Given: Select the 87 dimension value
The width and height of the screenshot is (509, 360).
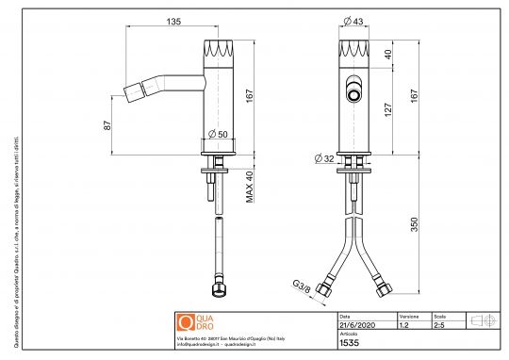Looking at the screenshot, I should click(x=109, y=124).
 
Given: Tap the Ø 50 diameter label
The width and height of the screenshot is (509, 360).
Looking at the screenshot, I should click(x=218, y=134).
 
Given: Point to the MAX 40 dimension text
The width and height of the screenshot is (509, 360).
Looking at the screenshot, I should click(x=251, y=185).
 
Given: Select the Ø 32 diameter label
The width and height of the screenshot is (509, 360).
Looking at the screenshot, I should click(x=322, y=158).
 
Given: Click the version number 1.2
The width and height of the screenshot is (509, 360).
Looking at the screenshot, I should click(x=403, y=325).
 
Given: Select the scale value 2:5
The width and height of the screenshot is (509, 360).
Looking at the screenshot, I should click(x=440, y=325).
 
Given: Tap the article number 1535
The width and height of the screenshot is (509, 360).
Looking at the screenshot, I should click(x=349, y=344).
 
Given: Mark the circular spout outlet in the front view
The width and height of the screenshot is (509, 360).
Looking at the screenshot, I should click(x=355, y=94).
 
